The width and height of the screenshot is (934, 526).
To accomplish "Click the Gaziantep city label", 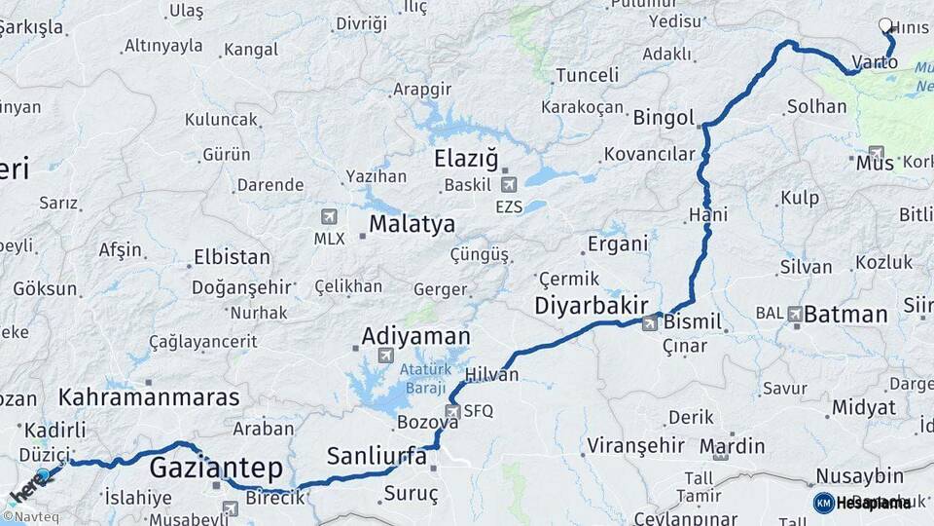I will (x=215, y=469).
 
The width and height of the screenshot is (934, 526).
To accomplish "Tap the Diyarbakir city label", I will (x=591, y=307).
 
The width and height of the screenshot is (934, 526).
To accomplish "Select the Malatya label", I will (x=412, y=225).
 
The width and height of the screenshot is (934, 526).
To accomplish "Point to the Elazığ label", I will (x=466, y=159).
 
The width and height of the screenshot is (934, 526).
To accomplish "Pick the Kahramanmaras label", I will (x=149, y=397).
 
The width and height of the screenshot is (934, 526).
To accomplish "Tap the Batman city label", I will (x=845, y=315).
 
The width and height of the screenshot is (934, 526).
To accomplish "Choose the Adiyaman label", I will (x=415, y=337).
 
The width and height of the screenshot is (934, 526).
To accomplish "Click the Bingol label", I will (x=664, y=119).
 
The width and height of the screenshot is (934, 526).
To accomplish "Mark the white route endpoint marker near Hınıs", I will (x=885, y=26).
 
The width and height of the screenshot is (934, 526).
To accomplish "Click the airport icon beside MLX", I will (x=329, y=217).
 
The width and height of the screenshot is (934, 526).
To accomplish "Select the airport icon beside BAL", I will (x=795, y=314).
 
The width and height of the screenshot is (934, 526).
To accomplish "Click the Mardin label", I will (x=738, y=447).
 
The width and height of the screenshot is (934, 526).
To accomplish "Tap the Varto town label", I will (x=874, y=63).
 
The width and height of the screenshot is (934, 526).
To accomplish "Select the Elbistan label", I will (x=232, y=258).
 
